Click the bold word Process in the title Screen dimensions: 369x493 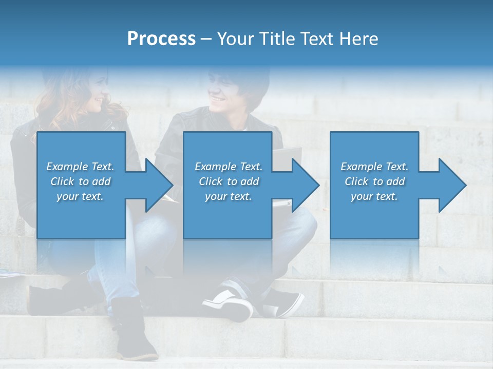pos(161,39)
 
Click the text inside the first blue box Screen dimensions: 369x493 pos(81,181)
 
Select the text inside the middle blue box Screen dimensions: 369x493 pos(229,181)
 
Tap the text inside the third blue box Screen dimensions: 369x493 pos(374,181)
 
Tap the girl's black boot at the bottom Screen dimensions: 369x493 pos(135,333)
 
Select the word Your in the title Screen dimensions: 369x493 pos(237,39)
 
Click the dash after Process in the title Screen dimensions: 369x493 pos(206,39)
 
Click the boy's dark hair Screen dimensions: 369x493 pos(246,82)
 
